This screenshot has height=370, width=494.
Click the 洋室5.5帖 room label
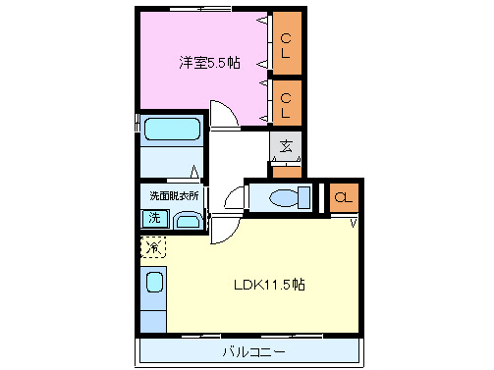tap(209, 63)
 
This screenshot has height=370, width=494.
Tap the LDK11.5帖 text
tap(268, 286)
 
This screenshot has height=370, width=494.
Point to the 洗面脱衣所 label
tap(174, 195)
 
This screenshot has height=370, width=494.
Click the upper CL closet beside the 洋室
tap(286, 45)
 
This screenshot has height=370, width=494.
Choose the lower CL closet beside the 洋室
tap(286, 103)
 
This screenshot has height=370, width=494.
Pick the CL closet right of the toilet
tap(343, 197)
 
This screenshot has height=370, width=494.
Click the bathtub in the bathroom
tap(172, 130)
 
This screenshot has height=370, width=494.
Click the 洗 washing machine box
tap(154, 220)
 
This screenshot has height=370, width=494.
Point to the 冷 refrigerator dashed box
tap(153, 247)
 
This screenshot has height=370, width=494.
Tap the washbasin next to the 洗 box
tap(187, 220)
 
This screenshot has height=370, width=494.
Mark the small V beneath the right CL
tap(353, 222)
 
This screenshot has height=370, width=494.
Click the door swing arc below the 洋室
tap(222, 114)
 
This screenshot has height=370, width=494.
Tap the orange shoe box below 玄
tap(286, 173)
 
